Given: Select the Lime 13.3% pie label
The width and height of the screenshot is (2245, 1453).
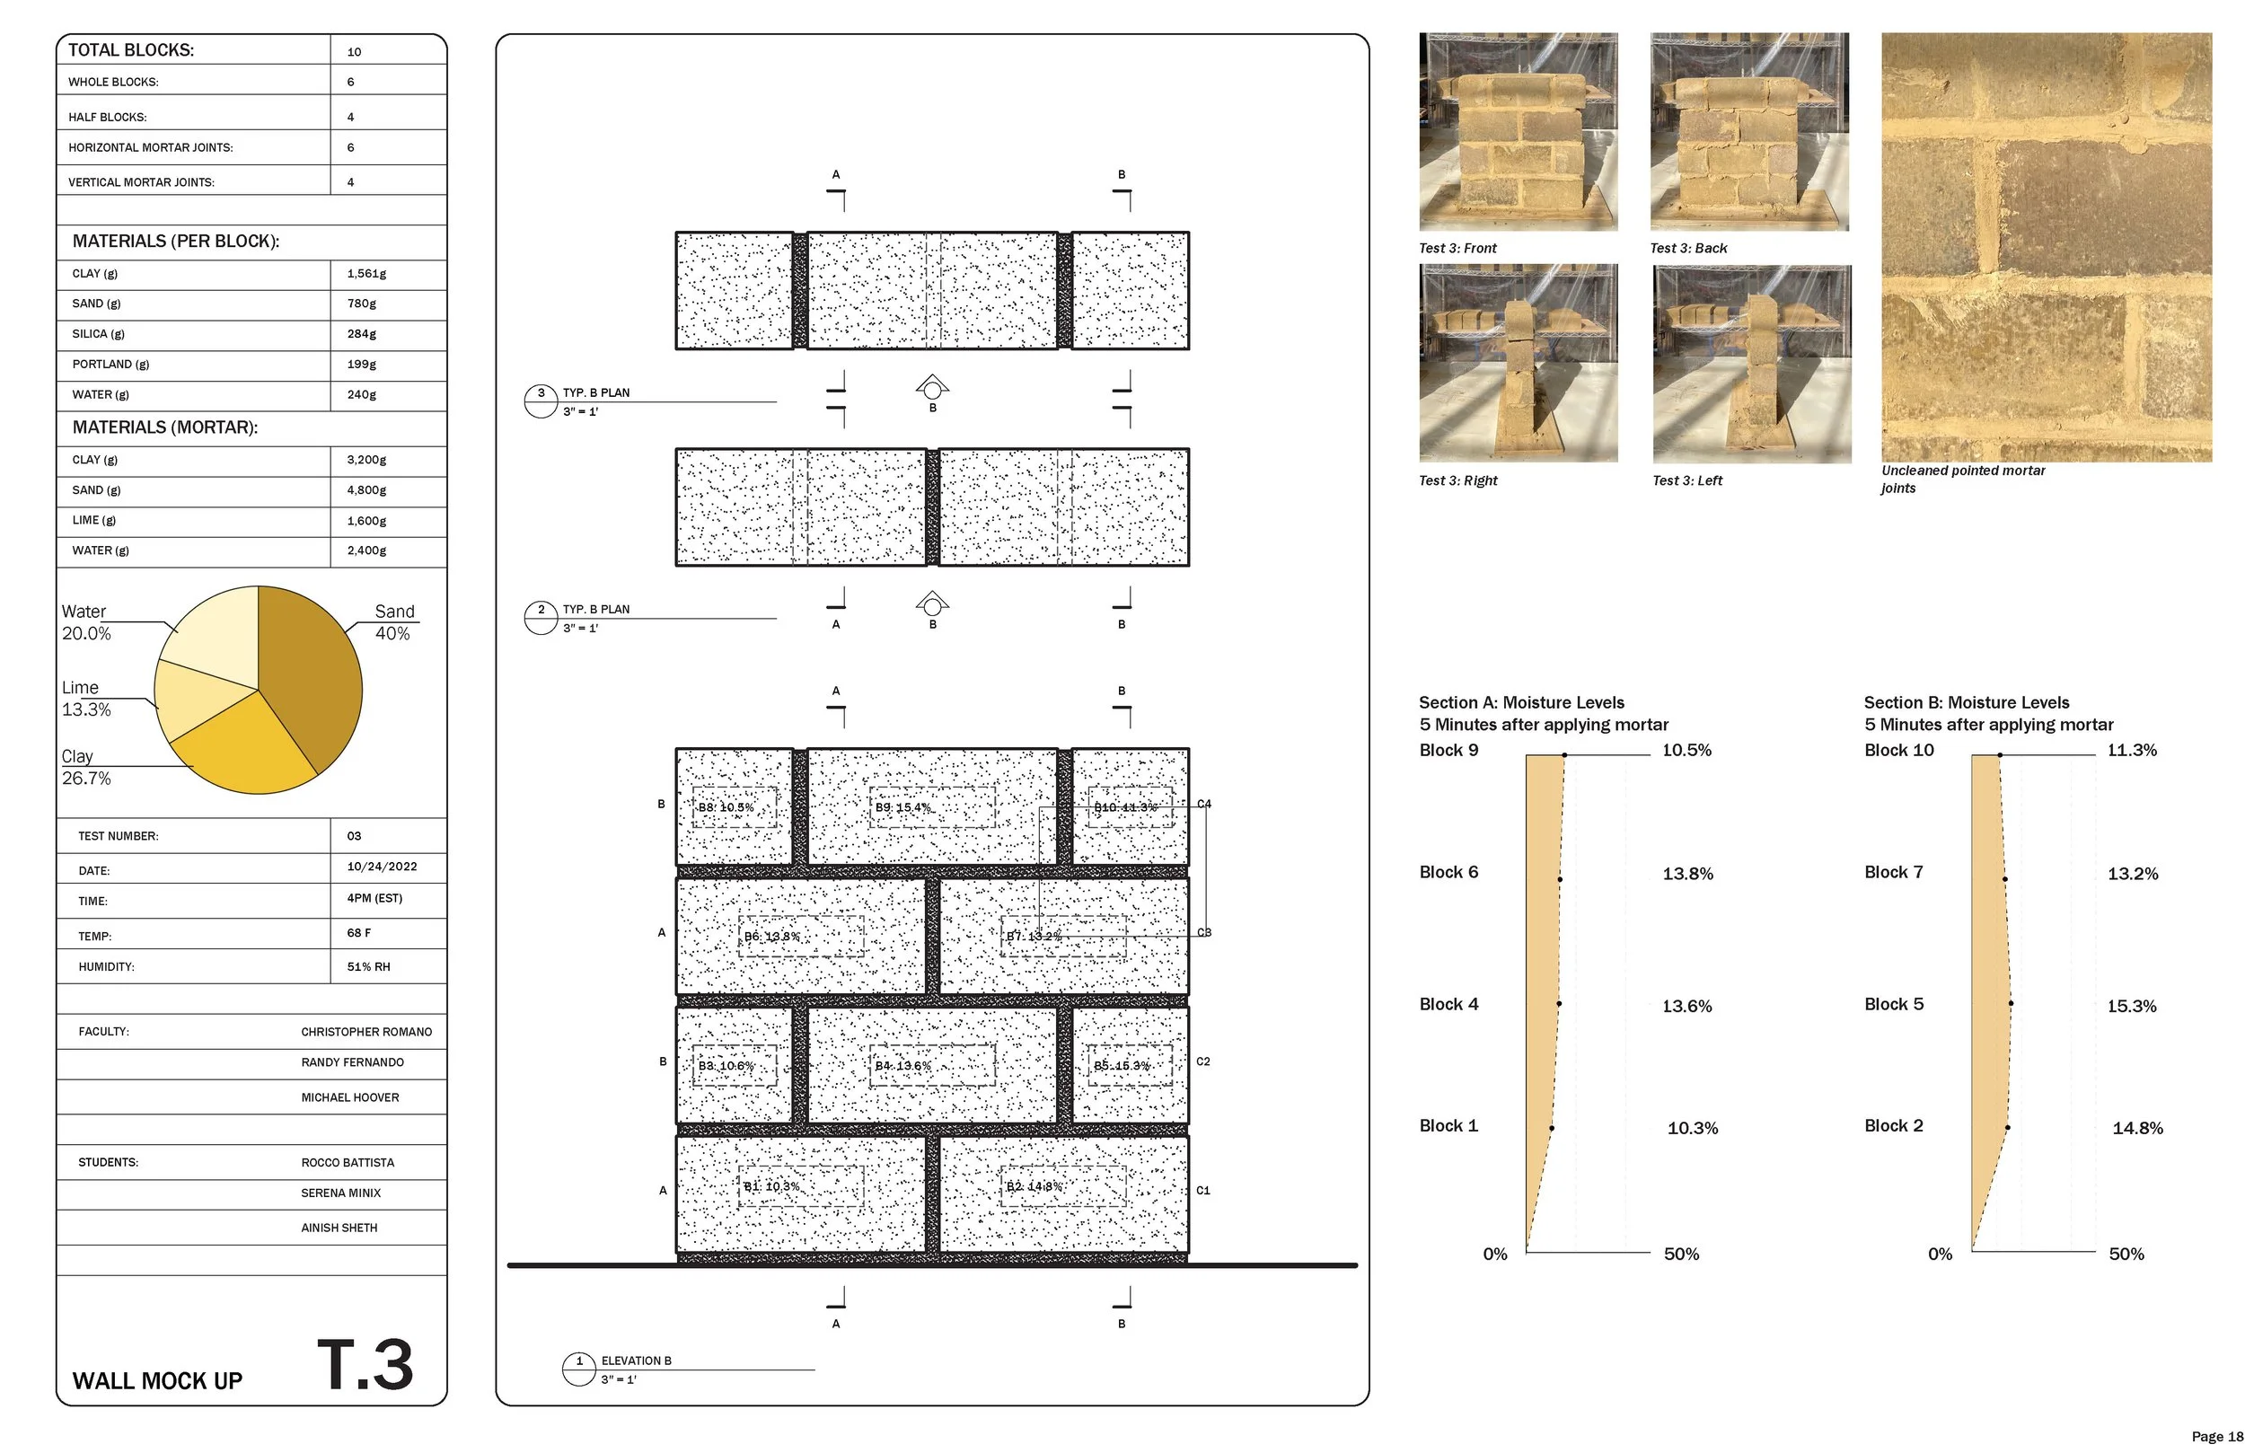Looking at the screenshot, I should point(86,698).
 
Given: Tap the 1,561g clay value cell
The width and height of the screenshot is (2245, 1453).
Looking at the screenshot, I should point(366,274).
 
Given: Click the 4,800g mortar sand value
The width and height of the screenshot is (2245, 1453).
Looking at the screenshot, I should point(366,489).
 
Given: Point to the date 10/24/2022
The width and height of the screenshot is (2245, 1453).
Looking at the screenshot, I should point(381,866).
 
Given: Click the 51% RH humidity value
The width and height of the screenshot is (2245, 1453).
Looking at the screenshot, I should point(368,966).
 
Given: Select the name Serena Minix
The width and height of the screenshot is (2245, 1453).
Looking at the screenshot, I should point(340,1193).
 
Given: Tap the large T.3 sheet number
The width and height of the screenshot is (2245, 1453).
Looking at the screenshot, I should point(365,1365).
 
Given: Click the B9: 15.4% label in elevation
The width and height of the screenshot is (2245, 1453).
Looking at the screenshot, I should point(902,807).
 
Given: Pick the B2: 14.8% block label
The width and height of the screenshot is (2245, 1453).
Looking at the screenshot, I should point(1034,1186).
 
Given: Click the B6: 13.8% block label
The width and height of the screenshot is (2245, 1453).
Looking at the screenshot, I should point(771,936).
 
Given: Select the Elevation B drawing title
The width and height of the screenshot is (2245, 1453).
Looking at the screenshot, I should point(636,1361).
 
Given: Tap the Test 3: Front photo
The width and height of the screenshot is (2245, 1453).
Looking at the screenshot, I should point(1518,132).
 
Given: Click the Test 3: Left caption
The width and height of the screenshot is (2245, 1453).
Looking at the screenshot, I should point(1686,480).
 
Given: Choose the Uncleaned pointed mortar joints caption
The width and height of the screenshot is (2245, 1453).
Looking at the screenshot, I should point(1962,479).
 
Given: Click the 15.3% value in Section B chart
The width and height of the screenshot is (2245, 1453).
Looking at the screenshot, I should point(2132,1006).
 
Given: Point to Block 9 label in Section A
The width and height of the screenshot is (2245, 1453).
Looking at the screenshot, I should point(1448,750).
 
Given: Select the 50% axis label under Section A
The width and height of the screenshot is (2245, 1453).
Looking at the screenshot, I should point(1681,1254).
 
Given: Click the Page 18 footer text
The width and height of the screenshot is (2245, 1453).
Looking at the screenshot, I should point(2216,1436).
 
